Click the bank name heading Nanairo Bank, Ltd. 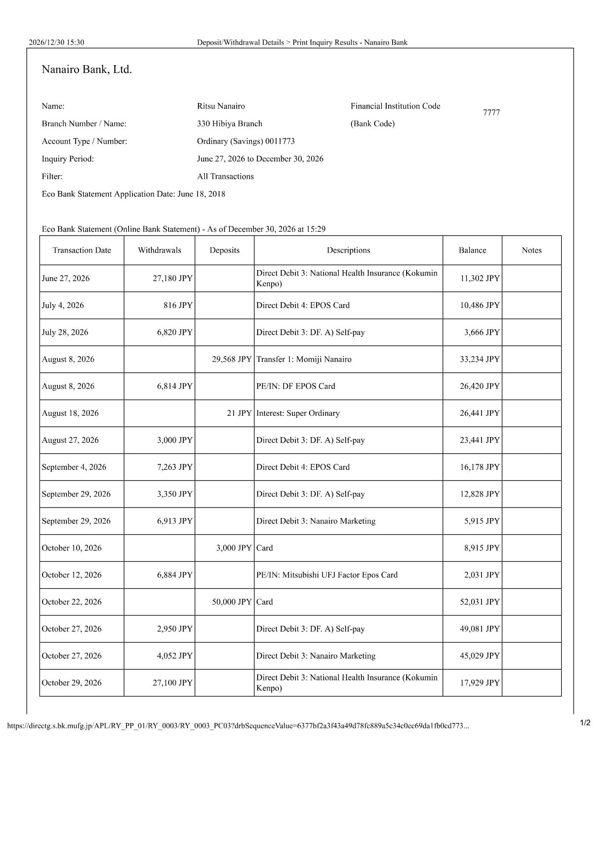click(x=86, y=69)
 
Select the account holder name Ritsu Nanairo click(x=221, y=106)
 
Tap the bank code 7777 click(x=491, y=112)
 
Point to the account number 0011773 click(x=280, y=141)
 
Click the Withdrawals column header click(x=159, y=250)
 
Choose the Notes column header click(x=531, y=250)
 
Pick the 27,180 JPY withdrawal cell click(x=172, y=278)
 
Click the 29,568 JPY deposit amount click(x=232, y=359)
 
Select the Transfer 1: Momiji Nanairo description click(x=304, y=359)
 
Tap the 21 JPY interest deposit click(x=239, y=413)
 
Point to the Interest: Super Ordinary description click(x=298, y=413)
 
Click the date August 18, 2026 click(x=70, y=413)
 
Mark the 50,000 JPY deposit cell click(x=232, y=602)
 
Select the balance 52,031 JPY click(x=479, y=602)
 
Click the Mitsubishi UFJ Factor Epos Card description click(x=327, y=575)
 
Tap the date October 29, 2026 click(x=72, y=683)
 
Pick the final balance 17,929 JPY click(x=479, y=683)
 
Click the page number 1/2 click(x=585, y=722)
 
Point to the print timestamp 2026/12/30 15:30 click(x=56, y=42)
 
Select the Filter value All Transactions click(x=225, y=176)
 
